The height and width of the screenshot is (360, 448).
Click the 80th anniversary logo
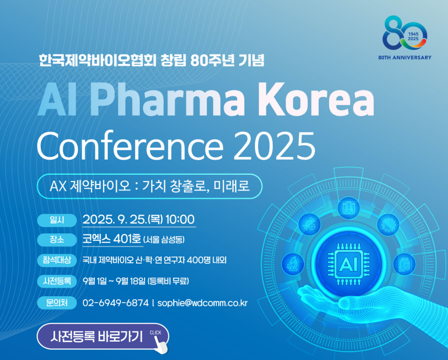(405, 38)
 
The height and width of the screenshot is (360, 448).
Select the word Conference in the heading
(130, 145)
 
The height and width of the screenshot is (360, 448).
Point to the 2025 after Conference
(274, 145)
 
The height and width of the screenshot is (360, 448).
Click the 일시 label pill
(57, 220)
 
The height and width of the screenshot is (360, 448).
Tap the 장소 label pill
(57, 240)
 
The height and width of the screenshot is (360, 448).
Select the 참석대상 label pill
(57, 260)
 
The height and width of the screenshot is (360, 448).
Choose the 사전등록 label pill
(57, 281)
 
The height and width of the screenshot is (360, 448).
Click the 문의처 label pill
(57, 302)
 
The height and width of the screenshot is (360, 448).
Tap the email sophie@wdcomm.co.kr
(203, 303)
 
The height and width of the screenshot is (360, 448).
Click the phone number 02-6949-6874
(116, 303)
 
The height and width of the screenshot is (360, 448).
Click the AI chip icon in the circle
(348, 264)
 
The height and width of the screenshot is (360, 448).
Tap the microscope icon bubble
(293, 264)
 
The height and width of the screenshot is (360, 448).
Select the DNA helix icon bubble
(309, 224)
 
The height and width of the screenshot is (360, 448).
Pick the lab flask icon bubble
(348, 208)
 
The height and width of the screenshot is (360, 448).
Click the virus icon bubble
(388, 224)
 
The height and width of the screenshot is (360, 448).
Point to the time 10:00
(180, 219)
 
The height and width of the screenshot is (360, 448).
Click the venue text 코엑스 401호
(111, 239)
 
